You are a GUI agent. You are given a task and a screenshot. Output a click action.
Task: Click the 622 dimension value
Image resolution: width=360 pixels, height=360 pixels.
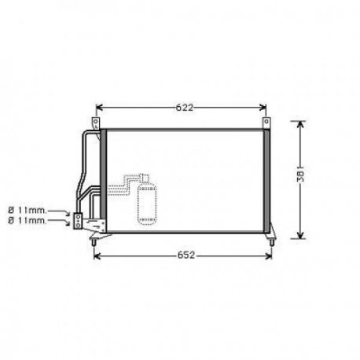(x=184, y=108)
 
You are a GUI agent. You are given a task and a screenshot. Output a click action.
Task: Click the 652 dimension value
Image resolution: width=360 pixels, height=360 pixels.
(x=186, y=255)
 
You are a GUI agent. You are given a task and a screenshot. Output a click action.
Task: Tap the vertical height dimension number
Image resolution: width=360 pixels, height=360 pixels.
(x=301, y=176)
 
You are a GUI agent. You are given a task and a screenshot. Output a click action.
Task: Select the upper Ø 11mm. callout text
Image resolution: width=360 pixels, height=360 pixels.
(x=28, y=210)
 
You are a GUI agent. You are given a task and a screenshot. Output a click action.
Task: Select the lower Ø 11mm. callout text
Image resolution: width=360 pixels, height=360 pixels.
(x=28, y=221)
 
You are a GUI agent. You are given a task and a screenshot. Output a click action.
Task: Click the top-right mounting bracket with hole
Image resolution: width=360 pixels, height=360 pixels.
(x=266, y=123)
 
